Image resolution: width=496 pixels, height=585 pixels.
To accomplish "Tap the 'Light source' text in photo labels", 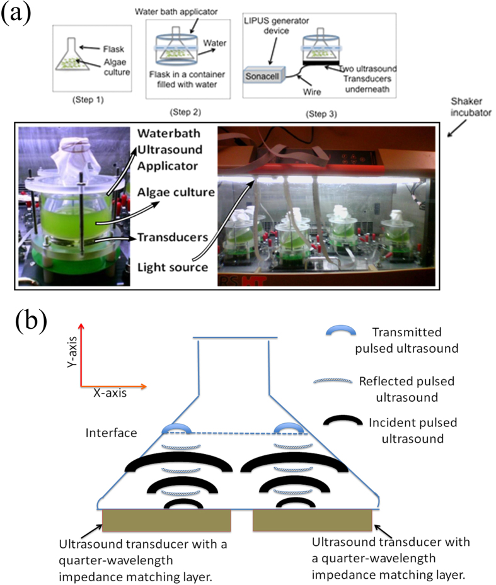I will coord(173,267).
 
